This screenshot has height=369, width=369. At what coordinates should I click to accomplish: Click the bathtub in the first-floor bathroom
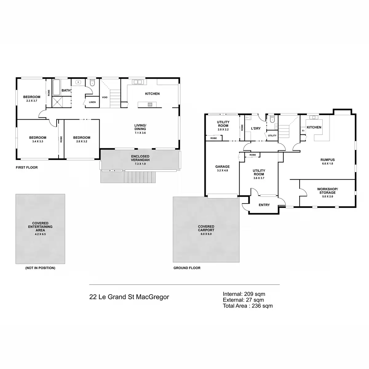pos(56,88)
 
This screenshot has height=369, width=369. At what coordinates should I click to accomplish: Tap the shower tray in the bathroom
pos(57,102)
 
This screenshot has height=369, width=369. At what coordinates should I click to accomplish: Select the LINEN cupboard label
pos(92,102)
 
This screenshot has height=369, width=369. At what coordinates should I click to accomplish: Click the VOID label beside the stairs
pos(105,97)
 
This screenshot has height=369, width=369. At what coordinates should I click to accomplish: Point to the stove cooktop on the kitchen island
pos(150,105)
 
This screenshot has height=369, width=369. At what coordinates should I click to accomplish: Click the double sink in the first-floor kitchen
pos(137,82)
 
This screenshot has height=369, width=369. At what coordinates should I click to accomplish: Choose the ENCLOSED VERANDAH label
pos(140,158)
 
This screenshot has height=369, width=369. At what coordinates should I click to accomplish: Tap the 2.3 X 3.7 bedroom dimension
pos(32,101)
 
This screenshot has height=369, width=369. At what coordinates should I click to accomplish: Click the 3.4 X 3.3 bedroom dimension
pos(38,141)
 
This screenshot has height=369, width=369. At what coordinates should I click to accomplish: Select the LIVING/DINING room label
pos(140,127)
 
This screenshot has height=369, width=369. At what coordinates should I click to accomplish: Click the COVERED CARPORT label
pos(206,228)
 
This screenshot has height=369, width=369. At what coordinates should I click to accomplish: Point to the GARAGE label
pos(223,167)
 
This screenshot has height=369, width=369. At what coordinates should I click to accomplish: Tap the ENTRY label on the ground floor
pos(264,205)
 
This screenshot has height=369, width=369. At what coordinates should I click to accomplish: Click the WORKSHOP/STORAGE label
pos(327,191)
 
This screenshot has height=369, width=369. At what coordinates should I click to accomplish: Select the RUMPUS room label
pos(327,160)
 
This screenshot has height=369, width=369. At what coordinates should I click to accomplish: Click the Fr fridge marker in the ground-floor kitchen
pos(303,131)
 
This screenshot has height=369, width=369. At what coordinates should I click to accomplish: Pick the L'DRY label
pos(256,128)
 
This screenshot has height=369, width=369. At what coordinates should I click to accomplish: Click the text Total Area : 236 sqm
pos(248,306)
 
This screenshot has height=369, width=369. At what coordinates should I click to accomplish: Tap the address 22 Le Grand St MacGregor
pos(129,297)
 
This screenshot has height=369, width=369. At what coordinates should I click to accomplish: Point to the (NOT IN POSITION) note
pos(40,268)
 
